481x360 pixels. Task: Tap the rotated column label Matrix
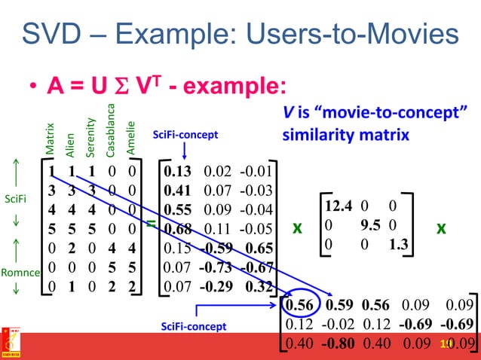[50, 139]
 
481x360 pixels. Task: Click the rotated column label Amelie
[130, 139]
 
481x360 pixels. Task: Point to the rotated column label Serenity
[90, 136]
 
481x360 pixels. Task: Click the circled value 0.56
[299, 306]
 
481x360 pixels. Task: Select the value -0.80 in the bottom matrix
[336, 343]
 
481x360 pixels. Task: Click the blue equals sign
[151, 224]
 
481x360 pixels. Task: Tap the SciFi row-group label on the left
[16, 200]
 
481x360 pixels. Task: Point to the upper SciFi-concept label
[185, 135]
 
